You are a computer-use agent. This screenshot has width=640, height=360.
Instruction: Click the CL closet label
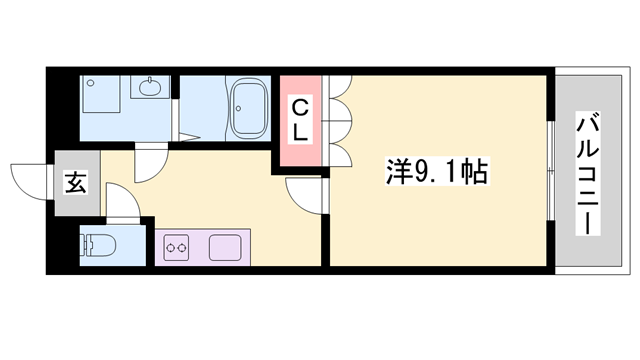[x=302, y=117]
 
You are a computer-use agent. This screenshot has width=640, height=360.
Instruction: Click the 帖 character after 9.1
[x=475, y=173]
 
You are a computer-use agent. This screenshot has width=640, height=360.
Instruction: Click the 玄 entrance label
[x=75, y=182]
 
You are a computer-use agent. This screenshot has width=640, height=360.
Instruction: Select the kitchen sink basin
[x=226, y=246]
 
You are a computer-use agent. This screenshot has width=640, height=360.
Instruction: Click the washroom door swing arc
[x=152, y=164]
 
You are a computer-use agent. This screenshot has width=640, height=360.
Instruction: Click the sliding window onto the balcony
[x=552, y=172]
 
